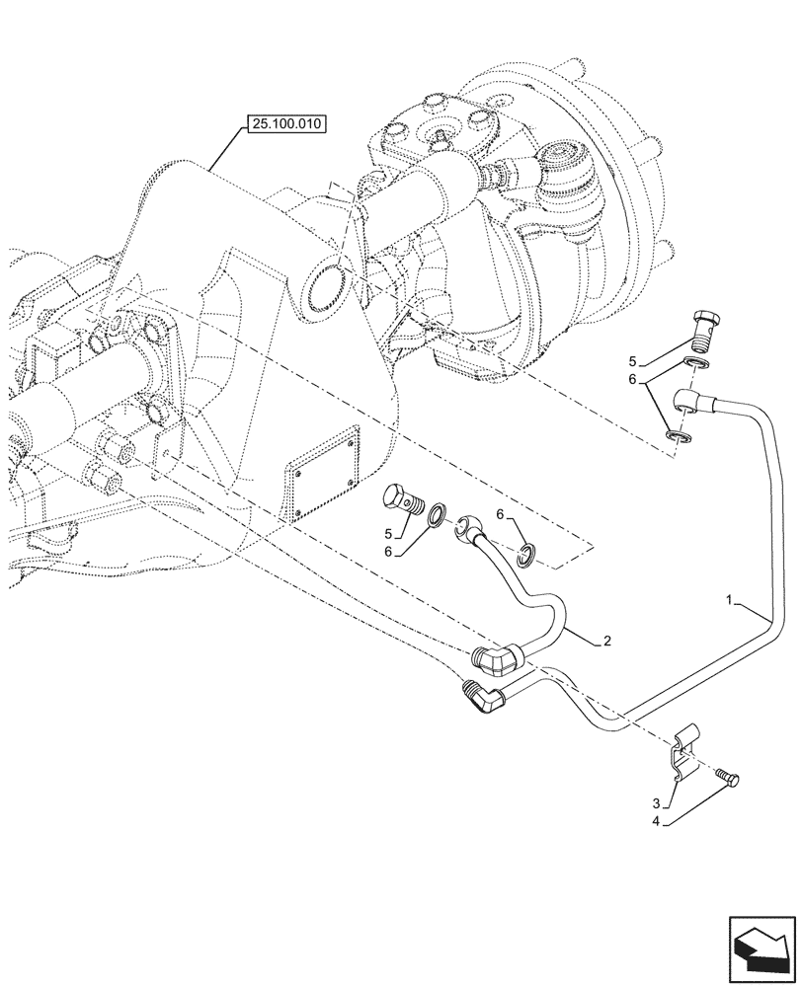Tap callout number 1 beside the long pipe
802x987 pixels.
tap(730, 600)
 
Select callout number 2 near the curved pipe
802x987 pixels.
tap(607, 642)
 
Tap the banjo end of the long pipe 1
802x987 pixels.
tap(687, 401)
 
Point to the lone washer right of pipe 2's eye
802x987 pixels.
tap(528, 557)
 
